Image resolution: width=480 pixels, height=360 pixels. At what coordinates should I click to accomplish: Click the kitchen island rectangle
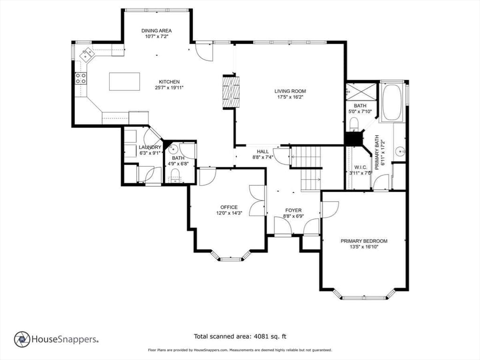pyautogui.click(x=125, y=82)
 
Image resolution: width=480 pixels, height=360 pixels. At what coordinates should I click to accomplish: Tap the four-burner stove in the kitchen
pyautogui.click(x=81, y=78)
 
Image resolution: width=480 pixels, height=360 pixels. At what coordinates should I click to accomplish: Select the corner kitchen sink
pyautogui.click(x=87, y=55)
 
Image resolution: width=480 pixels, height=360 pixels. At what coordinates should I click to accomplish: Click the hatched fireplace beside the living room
pyautogui.click(x=231, y=92)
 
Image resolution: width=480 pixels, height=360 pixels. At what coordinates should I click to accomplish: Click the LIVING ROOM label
pyautogui.click(x=290, y=91)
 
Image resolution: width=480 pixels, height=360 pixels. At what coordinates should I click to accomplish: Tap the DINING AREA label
pyautogui.click(x=157, y=30)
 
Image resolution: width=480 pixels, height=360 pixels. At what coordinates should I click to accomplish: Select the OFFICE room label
pyautogui.click(x=229, y=207)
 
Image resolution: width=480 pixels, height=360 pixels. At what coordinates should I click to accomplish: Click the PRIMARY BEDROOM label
pyautogui.click(x=364, y=241)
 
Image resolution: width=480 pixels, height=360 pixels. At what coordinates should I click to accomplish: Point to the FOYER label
pyautogui.click(x=293, y=210)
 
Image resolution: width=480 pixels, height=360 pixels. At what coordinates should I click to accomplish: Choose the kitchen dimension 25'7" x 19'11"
pyautogui.click(x=169, y=88)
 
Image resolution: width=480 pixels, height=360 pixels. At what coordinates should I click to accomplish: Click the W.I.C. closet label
pyautogui.click(x=360, y=167)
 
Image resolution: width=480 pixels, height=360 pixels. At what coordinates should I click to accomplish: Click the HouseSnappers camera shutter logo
pyautogui.click(x=22, y=339)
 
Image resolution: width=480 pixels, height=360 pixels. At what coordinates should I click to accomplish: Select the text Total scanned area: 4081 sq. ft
pyautogui.click(x=240, y=337)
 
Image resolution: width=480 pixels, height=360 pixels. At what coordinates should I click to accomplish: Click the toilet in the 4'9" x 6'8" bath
pyautogui.click(x=175, y=176)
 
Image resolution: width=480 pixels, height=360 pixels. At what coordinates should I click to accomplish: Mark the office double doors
pyautogui.click(x=257, y=201)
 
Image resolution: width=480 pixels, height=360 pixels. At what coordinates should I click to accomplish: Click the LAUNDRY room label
pyautogui.click(x=150, y=147)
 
